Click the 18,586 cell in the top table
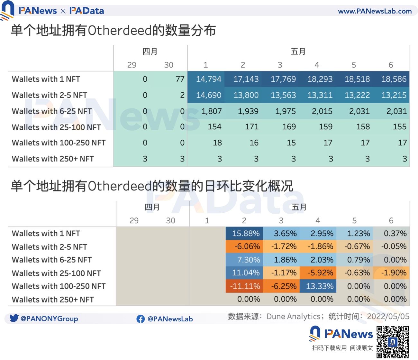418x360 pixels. coord(394,79)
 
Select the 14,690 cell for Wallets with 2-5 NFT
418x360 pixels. coord(209,95)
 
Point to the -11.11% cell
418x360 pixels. coord(245,286)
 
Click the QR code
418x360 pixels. coord(393,342)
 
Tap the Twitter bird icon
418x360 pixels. coord(14,318)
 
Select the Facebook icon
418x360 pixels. coord(141,319)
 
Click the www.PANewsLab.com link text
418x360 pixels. coord(375,11)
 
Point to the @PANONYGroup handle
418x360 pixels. coord(49,319)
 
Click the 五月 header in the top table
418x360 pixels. coord(298,51)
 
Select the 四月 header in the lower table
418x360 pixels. coord(152,207)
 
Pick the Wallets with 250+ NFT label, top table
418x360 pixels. coord(53,159)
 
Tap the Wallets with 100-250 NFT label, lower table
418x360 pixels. coord(59,286)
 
